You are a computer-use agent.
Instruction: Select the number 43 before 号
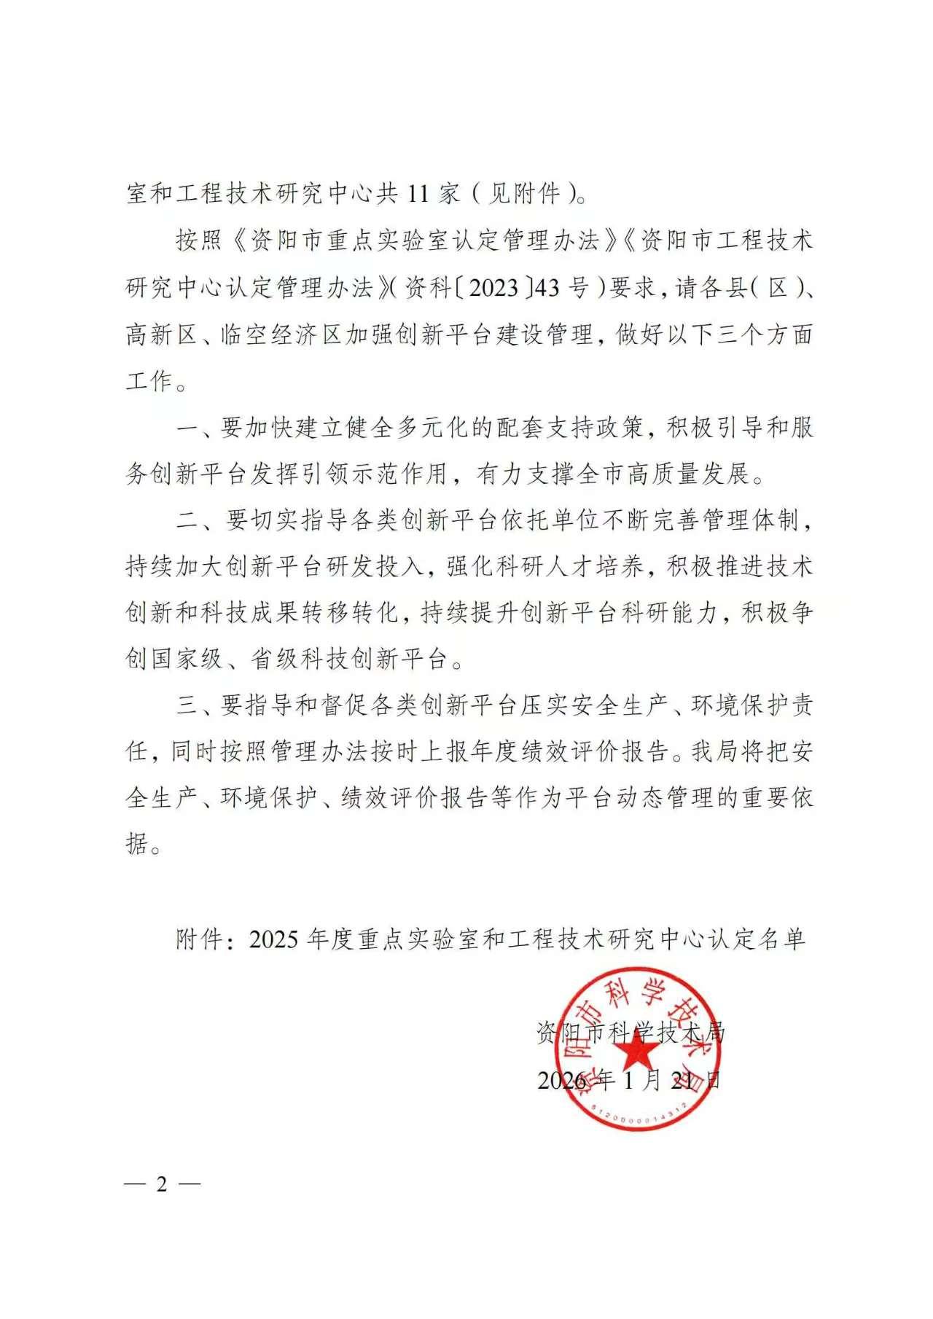click(547, 288)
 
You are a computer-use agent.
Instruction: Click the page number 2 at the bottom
click(162, 1184)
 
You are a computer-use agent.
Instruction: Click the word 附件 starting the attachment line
click(199, 939)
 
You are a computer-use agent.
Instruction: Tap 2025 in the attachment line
click(273, 939)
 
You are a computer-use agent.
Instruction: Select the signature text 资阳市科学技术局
click(631, 1032)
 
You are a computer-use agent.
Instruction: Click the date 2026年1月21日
click(629, 1079)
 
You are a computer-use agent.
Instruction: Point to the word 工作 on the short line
click(149, 381)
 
